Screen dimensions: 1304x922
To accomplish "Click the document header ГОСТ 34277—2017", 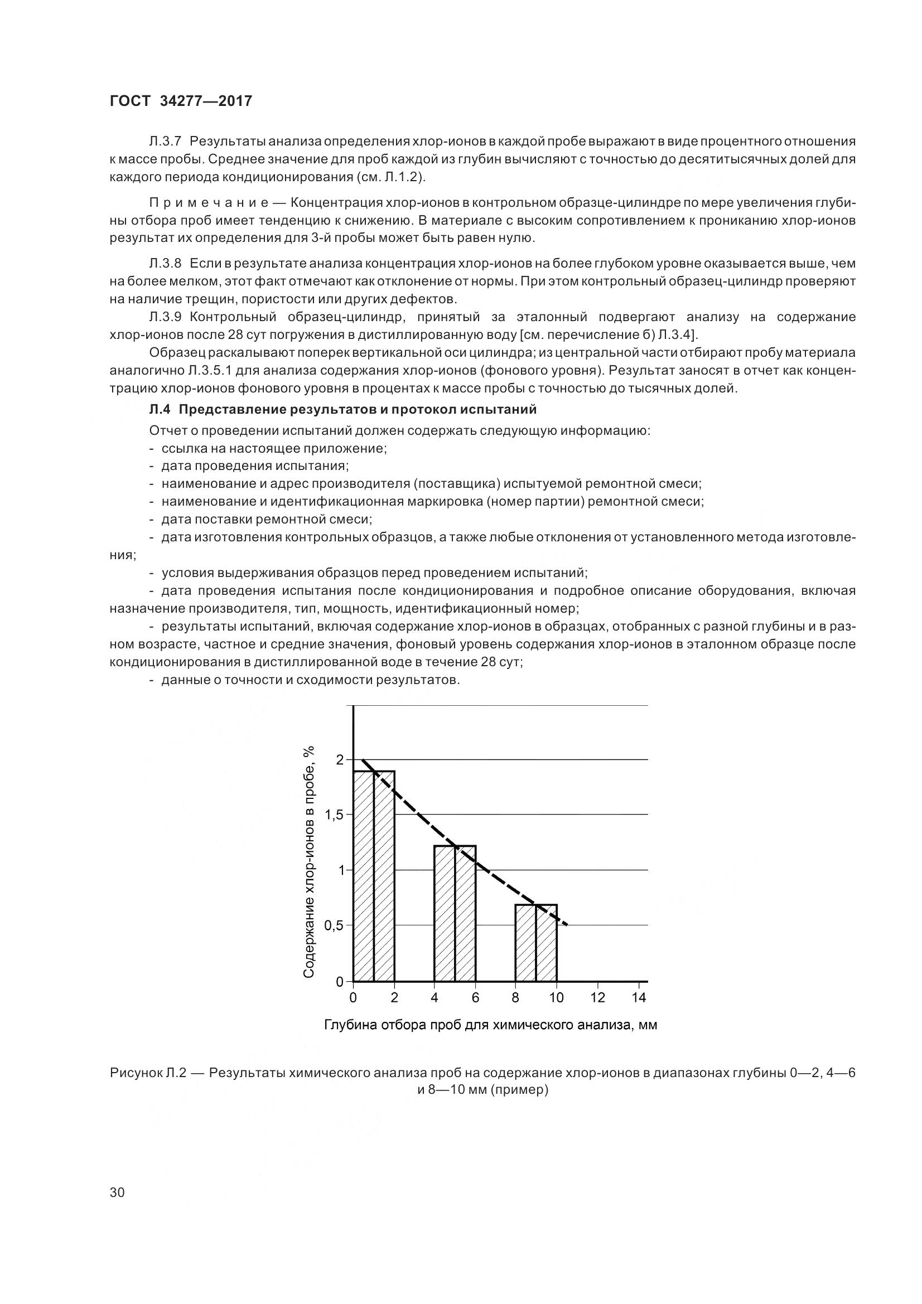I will tap(180, 101).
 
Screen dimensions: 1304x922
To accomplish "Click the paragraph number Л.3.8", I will tap(165, 263).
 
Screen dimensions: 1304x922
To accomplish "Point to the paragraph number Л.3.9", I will tap(165, 316).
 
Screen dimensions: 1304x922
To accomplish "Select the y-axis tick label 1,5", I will tap(335, 815).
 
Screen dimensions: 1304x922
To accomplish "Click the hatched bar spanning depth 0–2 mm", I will tap(373, 878).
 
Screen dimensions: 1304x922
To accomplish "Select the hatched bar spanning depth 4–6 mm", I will tap(455, 914).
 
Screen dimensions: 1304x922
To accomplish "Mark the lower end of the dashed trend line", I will tap(565, 924).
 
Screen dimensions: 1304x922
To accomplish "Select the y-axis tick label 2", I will tap(340, 759).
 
